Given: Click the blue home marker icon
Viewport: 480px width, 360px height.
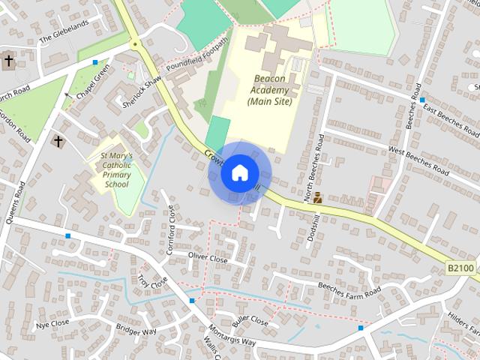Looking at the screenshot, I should (239, 172).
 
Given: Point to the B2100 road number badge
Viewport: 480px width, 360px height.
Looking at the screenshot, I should (461, 268).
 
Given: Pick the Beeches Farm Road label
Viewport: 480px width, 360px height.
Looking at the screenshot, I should (349, 289).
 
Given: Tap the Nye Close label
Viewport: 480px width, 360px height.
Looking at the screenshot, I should (52, 323).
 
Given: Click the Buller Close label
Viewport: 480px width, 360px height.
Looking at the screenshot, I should (250, 320).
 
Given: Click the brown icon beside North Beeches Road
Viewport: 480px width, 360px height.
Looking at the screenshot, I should (318, 198).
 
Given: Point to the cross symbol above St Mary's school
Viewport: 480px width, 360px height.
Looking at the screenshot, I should (58, 140).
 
